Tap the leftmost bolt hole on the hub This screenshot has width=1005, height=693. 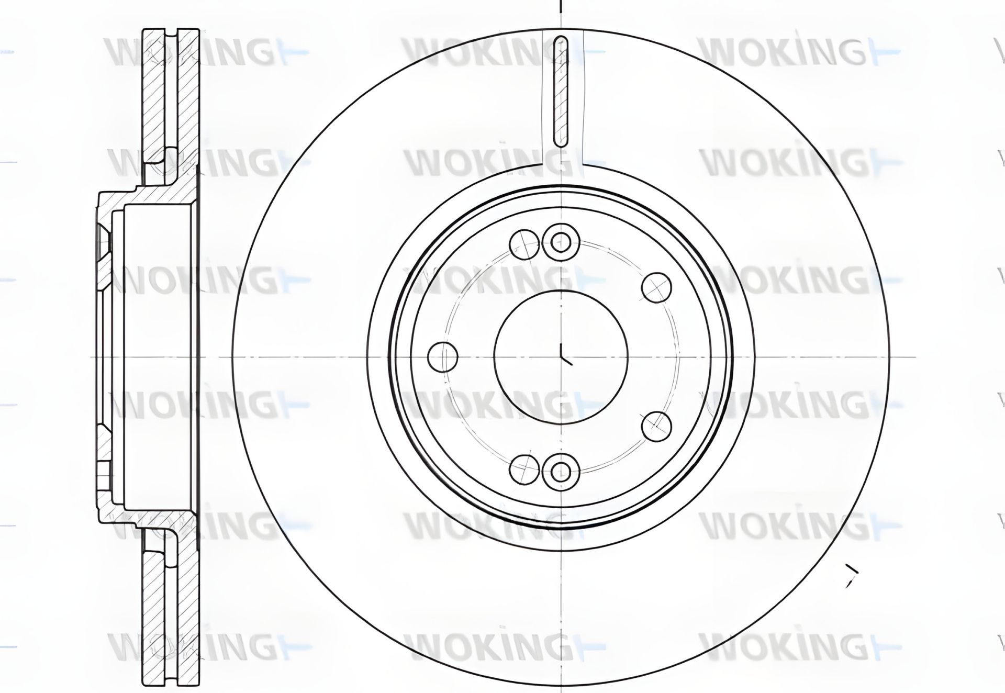coord(443,357)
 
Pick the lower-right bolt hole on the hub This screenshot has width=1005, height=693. coord(656,426)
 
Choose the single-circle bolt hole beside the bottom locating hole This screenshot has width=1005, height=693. coord(524,468)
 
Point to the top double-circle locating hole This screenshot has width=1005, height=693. coord(561,241)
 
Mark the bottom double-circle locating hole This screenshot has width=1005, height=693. coord(561,472)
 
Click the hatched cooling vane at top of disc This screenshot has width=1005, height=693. coord(561,92)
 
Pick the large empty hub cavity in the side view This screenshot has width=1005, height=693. coord(157,356)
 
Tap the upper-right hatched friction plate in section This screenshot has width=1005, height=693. coord(189,94)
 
